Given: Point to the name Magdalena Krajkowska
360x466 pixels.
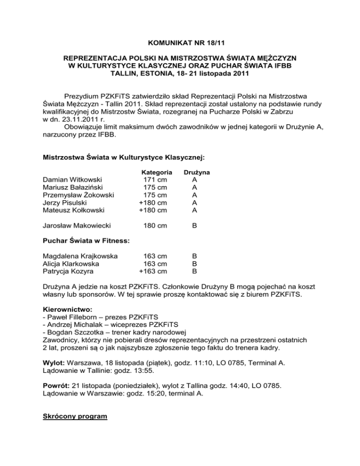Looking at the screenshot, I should click(80, 256).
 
